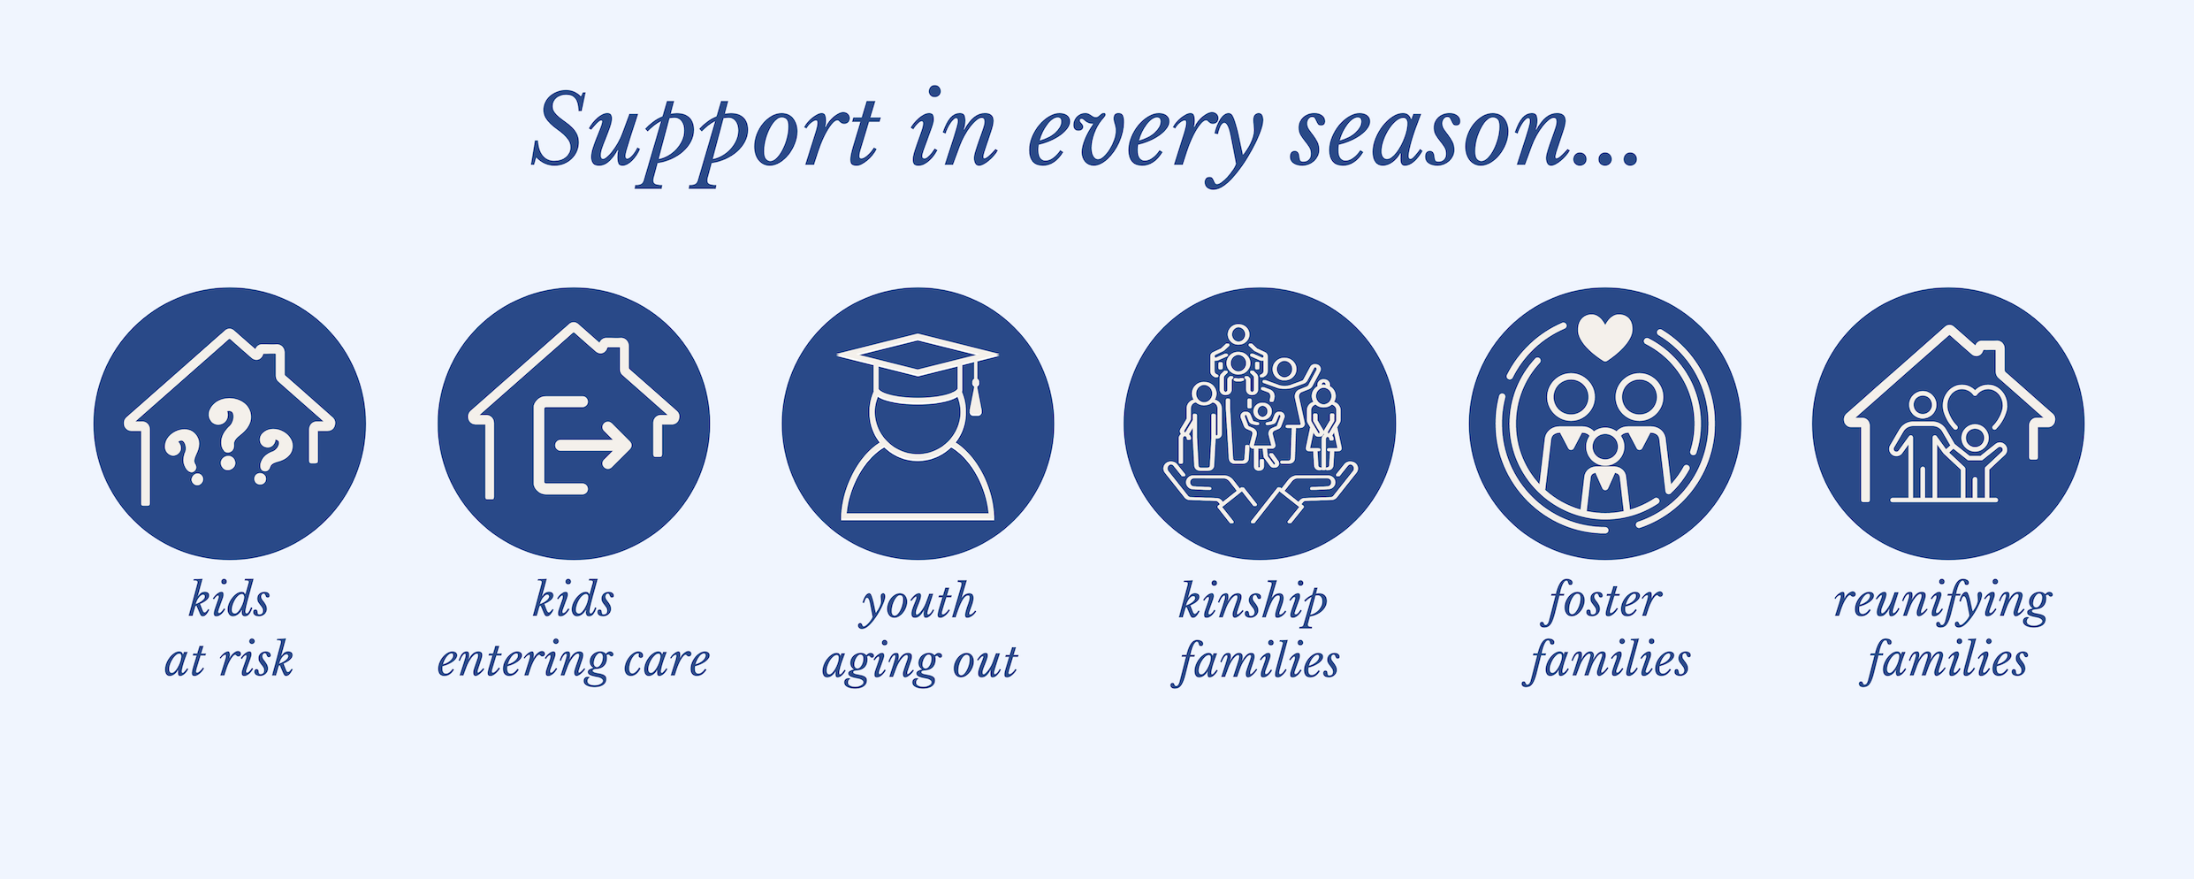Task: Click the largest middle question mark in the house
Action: click(231, 432)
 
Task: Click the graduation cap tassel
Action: click(975, 389)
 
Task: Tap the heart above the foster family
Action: click(1604, 337)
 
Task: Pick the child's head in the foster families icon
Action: click(1604, 448)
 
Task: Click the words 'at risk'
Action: click(228, 660)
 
